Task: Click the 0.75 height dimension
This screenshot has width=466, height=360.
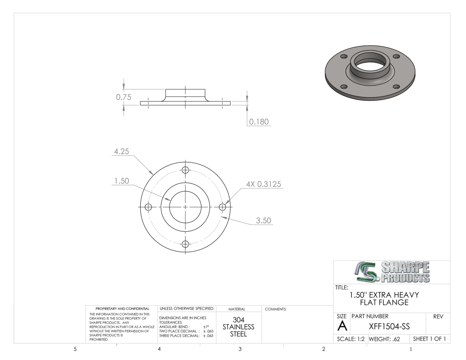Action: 123,97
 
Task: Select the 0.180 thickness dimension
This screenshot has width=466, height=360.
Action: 259,122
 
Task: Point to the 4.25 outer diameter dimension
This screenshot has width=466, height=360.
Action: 122,152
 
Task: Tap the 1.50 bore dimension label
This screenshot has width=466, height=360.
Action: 122,181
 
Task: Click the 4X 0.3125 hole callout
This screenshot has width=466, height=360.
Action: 264,184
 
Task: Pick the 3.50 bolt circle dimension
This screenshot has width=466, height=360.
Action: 264,220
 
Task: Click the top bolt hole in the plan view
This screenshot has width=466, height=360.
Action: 186,170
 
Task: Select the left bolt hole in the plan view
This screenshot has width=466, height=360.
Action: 148,207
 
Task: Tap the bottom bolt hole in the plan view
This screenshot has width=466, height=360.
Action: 186,244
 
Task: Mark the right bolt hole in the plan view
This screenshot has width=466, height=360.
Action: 222,207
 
